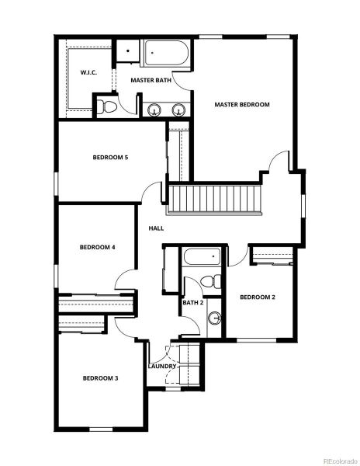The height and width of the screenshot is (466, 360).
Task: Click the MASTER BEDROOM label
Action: [241, 104]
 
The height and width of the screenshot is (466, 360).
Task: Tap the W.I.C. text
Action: [88, 73]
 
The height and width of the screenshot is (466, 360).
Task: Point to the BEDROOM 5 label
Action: [110, 158]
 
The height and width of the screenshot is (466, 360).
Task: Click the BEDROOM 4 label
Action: [98, 247]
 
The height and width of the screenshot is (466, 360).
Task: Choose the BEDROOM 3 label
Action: [101, 378]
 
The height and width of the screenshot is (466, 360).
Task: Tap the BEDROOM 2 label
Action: [258, 297]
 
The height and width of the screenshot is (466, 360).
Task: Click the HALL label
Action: [156, 228]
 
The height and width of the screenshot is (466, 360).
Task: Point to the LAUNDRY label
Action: [162, 366]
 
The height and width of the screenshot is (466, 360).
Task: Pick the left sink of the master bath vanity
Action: [154, 110]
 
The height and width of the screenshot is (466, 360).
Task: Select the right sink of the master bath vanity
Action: [178, 110]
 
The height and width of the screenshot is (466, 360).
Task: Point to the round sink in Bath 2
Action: [215, 317]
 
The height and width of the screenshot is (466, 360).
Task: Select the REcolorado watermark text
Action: [334, 459]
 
